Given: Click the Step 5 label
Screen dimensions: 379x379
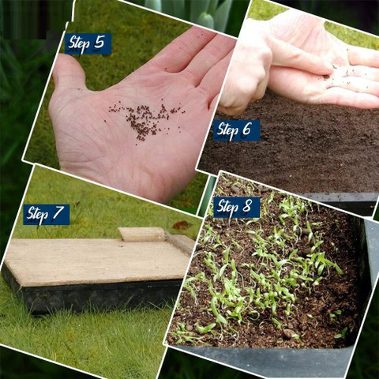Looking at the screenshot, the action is pos(88,43).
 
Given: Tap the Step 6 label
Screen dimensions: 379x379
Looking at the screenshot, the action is pos(236,130).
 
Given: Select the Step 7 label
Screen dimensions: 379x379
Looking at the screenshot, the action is pos(47,215).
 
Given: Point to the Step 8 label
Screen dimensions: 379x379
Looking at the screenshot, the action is pos(236,208).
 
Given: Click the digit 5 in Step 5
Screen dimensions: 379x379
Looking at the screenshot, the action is pos(99,42).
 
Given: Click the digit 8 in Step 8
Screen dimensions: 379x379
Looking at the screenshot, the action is pos(247,205).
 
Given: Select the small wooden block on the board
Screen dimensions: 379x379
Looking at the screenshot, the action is pos(142,234).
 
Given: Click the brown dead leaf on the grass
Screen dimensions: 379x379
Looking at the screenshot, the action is pos(182,225).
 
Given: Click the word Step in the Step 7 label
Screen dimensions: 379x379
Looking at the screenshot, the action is pos(38,216).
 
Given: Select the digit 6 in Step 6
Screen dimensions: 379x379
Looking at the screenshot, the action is pos(247,129).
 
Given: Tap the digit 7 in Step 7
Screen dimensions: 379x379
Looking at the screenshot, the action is pos(58,212).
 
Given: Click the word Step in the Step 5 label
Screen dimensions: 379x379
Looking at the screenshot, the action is pos(79,44).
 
